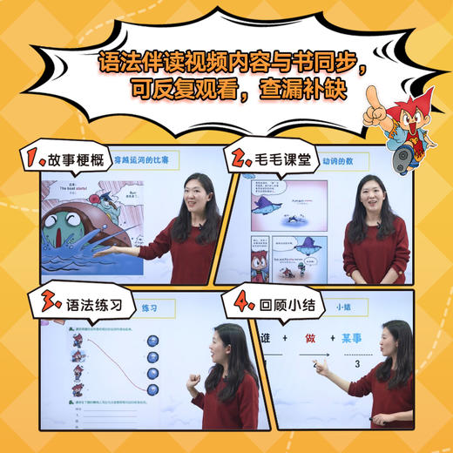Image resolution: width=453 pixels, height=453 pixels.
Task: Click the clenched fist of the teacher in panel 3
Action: point(193,380)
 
